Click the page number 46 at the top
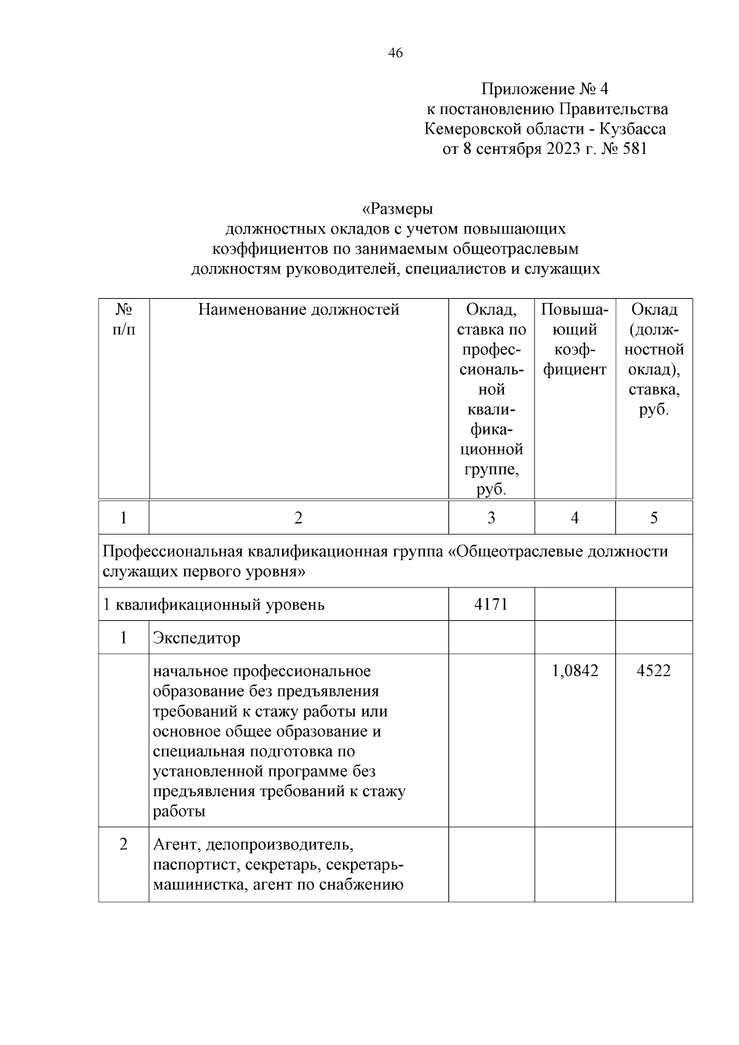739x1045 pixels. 395,54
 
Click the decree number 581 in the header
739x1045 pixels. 634,149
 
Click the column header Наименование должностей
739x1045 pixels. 299,309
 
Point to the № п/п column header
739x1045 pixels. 124,319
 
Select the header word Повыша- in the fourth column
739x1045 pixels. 575,309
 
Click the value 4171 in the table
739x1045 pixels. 491,604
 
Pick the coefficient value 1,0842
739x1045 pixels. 575,671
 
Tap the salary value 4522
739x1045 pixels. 653,671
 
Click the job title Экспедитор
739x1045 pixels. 196,638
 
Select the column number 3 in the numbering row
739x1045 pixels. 491,518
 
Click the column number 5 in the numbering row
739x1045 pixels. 653,518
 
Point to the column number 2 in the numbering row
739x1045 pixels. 298,518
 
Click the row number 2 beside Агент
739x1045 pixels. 124,844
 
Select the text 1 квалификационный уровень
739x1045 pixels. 214,605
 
